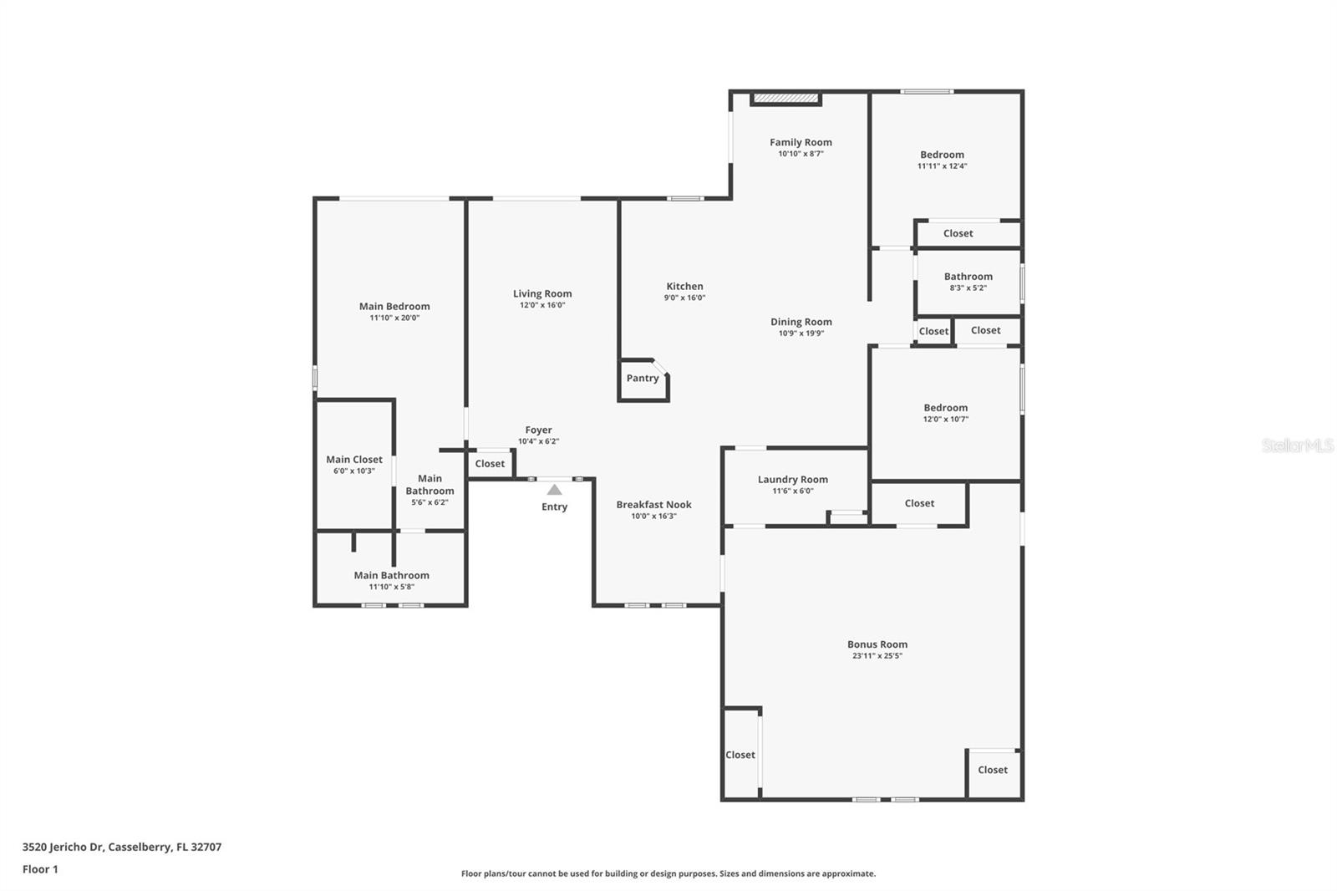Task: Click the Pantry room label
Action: click(x=643, y=378)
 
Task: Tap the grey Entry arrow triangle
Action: click(x=554, y=490)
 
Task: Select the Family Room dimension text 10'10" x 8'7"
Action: click(x=801, y=154)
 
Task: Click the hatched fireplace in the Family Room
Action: click(x=785, y=99)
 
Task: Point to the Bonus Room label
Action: click(x=877, y=644)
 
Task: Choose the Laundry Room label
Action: click(x=792, y=479)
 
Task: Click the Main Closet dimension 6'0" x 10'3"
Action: click(x=353, y=471)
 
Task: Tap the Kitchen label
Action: click(x=684, y=286)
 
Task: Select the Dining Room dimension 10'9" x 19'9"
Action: click(x=801, y=333)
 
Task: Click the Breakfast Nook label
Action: click(x=653, y=504)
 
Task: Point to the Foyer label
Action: click(x=538, y=430)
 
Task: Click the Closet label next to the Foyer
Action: click(x=490, y=463)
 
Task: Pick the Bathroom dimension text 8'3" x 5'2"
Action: click(x=968, y=288)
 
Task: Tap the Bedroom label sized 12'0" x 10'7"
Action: click(x=945, y=407)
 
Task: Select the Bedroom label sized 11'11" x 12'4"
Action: click(x=942, y=154)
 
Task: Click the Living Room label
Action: click(x=542, y=293)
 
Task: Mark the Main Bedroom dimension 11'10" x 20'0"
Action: click(x=394, y=318)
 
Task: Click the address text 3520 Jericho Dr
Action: click(x=64, y=847)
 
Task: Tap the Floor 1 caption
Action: click(x=40, y=869)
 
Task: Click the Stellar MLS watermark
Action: click(x=1297, y=445)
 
